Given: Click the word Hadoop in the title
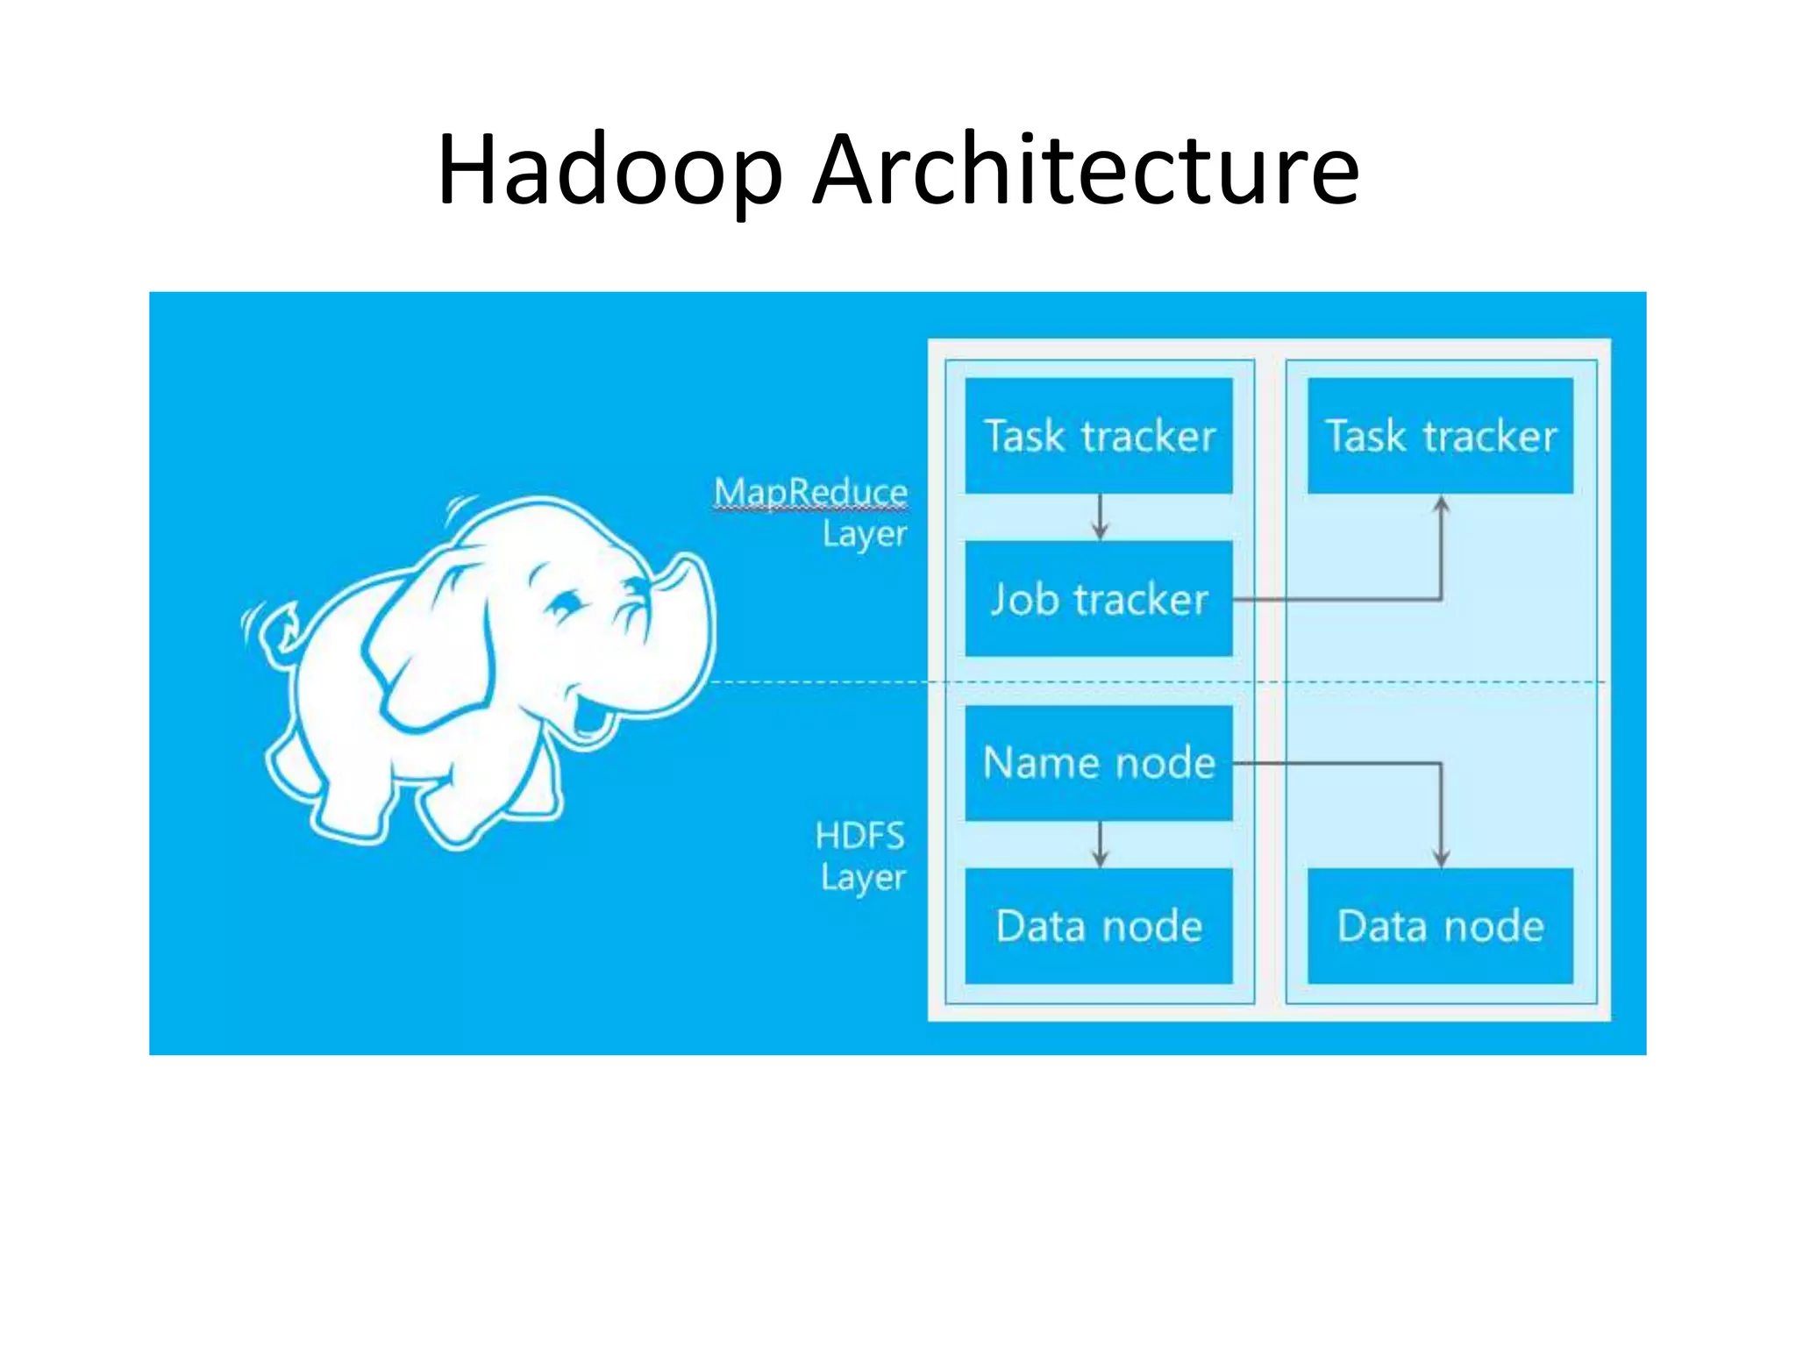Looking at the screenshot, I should (x=609, y=171).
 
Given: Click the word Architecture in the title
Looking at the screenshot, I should (x=1085, y=171).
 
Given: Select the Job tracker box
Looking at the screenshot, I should (x=1099, y=599).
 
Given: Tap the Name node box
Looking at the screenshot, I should (x=1099, y=763).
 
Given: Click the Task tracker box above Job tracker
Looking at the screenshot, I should (x=1099, y=436).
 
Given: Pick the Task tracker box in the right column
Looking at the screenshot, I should (x=1440, y=436).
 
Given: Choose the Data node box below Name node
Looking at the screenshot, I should (x=1099, y=926).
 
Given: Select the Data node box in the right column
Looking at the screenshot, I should (x=1440, y=926).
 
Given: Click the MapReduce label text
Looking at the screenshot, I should (x=810, y=492).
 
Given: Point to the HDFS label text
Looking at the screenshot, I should (x=859, y=836).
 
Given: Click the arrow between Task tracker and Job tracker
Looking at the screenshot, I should (x=1100, y=517).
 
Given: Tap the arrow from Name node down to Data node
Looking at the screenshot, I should (x=1100, y=845).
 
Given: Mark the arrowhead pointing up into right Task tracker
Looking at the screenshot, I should (x=1441, y=504).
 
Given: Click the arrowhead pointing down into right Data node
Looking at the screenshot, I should (x=1441, y=859).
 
